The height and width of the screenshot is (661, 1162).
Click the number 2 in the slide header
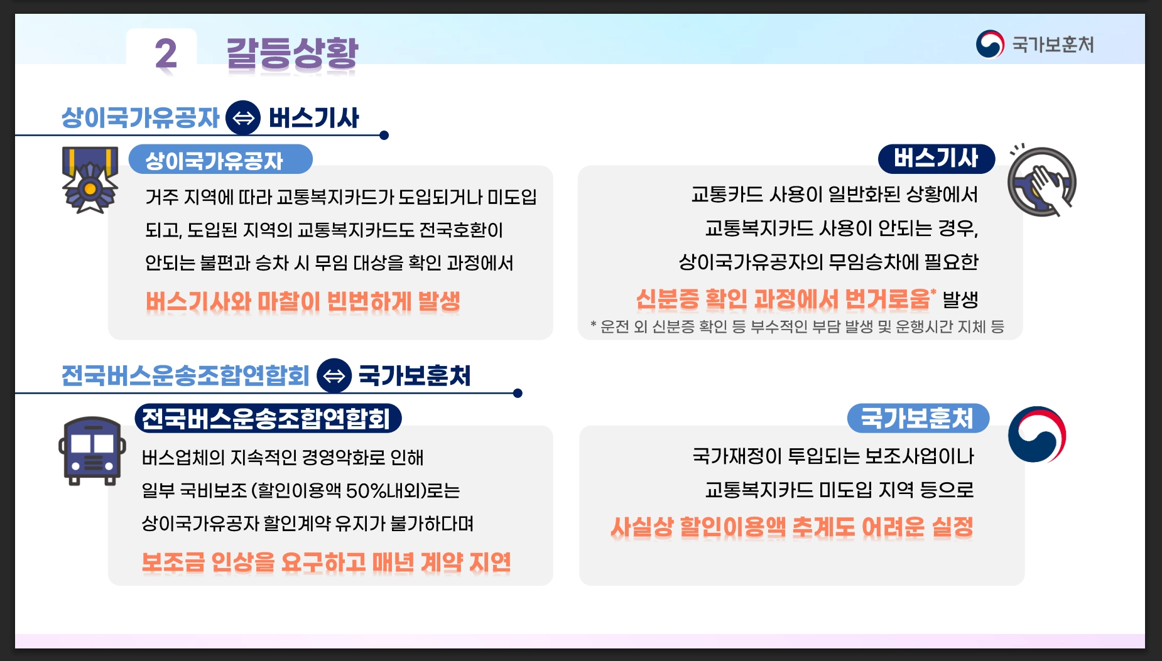pos(166,54)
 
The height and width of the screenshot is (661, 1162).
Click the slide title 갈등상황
pos(292,54)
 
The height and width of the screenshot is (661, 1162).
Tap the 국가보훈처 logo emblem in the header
pos(990,45)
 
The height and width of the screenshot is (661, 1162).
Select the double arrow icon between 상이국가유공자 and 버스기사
pos(243,117)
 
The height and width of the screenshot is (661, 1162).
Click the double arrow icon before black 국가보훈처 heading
pos(334,375)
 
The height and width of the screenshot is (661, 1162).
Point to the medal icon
pos(90,180)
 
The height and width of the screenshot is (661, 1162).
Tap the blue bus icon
pos(92,450)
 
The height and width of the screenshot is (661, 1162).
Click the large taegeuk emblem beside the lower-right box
pos(1036,434)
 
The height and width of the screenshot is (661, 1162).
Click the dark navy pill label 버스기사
pos(936,158)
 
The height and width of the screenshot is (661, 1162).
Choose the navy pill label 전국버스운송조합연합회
pos(268,419)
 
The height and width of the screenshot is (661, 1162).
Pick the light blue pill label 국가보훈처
pos(918,418)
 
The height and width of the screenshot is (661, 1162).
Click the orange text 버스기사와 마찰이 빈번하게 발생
pos(303,302)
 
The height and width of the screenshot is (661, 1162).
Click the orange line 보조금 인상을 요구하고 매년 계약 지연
pos(326,562)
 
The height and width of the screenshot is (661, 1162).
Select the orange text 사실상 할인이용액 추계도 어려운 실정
pos(791,527)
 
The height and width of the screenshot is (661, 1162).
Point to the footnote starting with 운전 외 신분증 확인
pos(798,326)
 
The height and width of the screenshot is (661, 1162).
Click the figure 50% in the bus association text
pos(365,490)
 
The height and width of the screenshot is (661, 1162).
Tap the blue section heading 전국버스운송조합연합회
pos(185,375)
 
